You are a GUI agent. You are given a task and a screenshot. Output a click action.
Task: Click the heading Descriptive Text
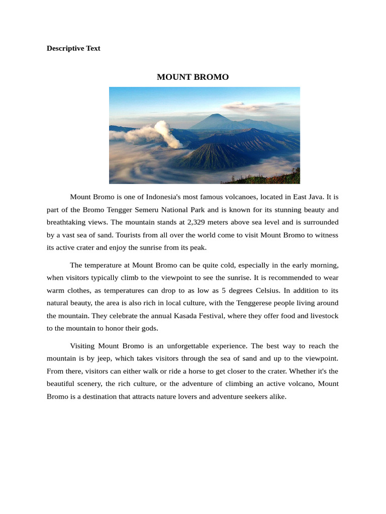[x=73, y=49]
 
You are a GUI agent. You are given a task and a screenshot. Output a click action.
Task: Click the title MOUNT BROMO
[x=192, y=77]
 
